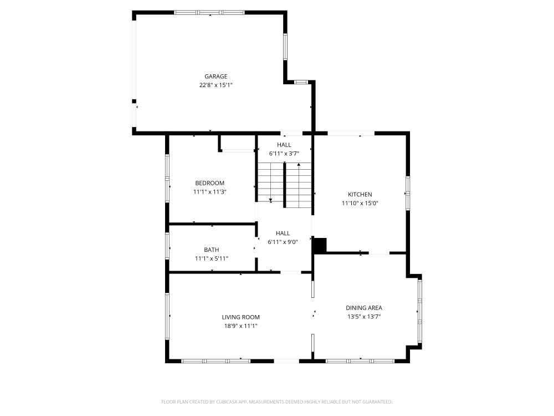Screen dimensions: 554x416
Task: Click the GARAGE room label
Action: (x=216, y=77)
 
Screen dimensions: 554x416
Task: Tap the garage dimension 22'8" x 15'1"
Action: (x=216, y=85)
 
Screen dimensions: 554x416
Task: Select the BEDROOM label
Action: (x=209, y=183)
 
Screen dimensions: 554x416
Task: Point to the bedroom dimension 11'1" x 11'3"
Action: (x=209, y=192)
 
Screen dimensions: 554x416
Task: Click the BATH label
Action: (x=211, y=250)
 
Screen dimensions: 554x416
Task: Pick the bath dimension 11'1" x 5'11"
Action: (x=211, y=258)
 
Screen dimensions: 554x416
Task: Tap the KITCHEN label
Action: (x=360, y=195)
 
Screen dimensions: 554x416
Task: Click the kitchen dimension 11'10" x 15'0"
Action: (x=360, y=204)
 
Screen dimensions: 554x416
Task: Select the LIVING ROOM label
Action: (x=240, y=317)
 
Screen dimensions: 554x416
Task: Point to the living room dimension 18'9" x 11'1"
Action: (x=240, y=326)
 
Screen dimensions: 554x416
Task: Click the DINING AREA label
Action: (x=363, y=308)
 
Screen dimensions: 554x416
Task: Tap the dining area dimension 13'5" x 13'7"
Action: (x=363, y=317)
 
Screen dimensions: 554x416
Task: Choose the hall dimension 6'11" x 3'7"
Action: (x=284, y=154)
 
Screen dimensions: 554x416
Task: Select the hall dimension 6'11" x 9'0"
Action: (x=283, y=242)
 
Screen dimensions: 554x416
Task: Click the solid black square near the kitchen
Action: (x=320, y=246)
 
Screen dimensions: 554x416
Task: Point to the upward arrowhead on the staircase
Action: (x=299, y=165)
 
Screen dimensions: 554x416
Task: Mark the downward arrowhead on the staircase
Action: (x=271, y=201)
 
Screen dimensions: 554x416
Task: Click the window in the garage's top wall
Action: (x=209, y=12)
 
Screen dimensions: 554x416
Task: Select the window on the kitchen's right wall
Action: (x=408, y=193)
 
